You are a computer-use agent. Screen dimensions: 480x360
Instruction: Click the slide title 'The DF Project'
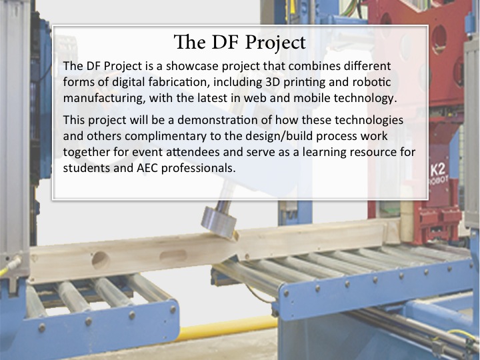(x=240, y=43)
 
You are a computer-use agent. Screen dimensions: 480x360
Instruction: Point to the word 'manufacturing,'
(x=105, y=99)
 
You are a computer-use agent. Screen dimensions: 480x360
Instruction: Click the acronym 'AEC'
(x=147, y=169)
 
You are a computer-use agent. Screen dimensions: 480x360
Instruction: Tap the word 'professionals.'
(x=199, y=169)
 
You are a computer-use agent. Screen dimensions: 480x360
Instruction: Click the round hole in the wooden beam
(x=101, y=260)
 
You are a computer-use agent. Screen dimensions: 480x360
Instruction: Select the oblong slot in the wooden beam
(x=173, y=255)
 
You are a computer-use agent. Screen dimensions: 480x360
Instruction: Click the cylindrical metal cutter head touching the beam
(x=219, y=221)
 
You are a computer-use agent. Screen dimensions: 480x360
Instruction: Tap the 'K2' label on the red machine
(x=438, y=170)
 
